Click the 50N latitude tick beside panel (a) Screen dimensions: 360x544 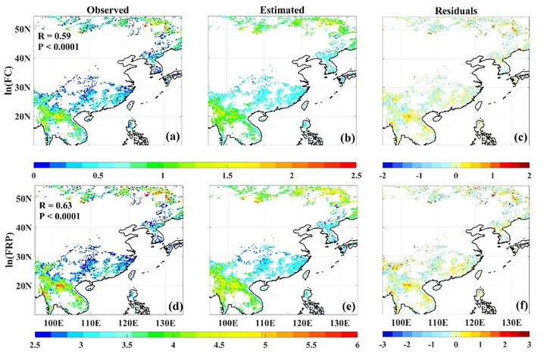tap(23, 28)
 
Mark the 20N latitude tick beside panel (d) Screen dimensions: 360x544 tap(23, 286)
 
